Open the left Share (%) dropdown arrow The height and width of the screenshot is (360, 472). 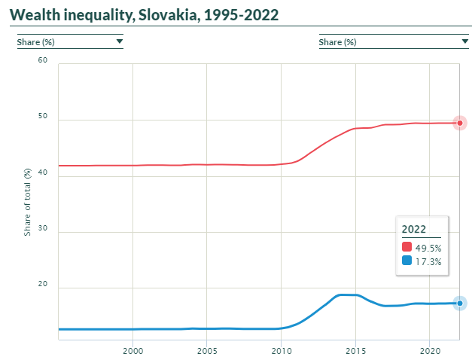(x=119, y=42)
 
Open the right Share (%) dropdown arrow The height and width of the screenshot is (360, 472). (x=465, y=42)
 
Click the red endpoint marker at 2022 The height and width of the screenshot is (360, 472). (x=459, y=123)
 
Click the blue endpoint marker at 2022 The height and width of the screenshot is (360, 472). (x=459, y=303)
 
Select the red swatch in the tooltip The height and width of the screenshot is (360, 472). (x=407, y=247)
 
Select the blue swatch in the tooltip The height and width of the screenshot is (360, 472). (x=407, y=261)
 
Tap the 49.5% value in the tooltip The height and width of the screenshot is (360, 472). (x=428, y=248)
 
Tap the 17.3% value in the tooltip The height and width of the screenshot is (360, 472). (x=428, y=261)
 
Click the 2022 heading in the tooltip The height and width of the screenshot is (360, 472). (x=413, y=229)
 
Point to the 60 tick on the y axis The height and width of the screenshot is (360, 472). (x=42, y=60)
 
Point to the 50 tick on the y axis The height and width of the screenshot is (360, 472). (x=42, y=117)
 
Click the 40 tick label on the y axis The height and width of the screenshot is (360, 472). (x=42, y=173)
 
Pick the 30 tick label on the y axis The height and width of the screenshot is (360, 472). (x=42, y=230)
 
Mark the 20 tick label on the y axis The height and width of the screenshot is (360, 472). (x=42, y=285)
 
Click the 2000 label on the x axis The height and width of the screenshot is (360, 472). (x=132, y=350)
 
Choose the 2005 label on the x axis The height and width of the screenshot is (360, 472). (x=207, y=350)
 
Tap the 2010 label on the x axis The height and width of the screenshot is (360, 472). (x=281, y=350)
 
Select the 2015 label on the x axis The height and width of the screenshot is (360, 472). (x=355, y=350)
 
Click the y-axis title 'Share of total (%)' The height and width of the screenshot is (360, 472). (x=28, y=202)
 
